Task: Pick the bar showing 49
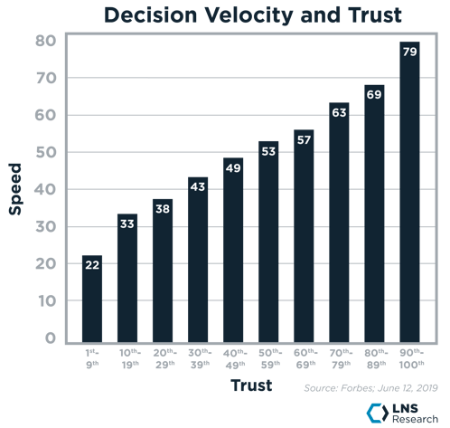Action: tap(234, 249)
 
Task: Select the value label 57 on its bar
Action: tap(305, 140)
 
